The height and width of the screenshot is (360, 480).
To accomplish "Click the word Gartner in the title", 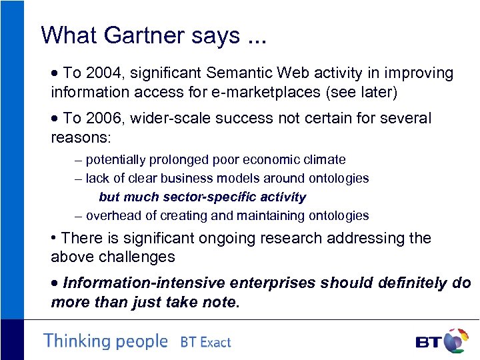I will [139, 35].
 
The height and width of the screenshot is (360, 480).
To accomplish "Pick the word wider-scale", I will [169, 119].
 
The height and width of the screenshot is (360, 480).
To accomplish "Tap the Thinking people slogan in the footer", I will [105, 341].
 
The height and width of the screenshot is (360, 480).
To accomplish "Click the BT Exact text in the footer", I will [205, 343].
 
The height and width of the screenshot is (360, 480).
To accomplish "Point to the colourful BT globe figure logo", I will [455, 340].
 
